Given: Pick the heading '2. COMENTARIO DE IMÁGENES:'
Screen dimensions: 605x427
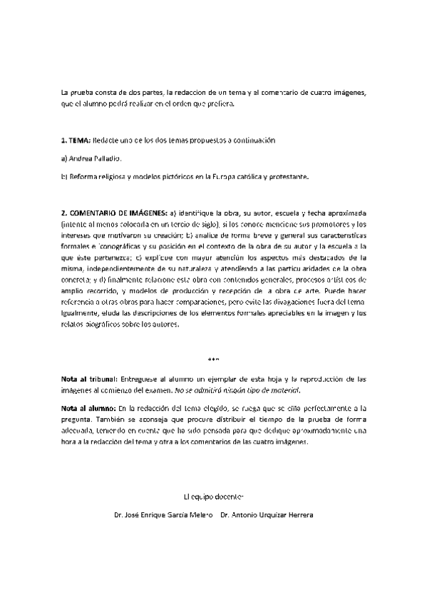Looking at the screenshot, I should point(114,213).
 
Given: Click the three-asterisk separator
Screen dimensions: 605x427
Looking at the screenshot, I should point(213,358).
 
